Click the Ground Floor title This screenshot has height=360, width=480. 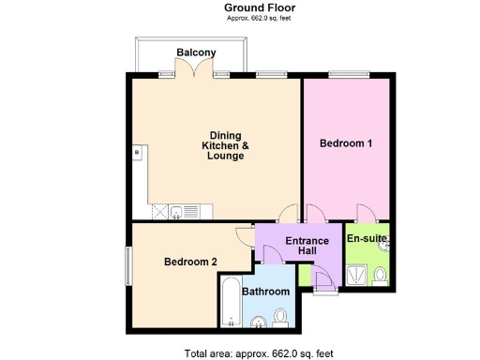click(x=241, y=7)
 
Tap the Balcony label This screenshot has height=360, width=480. click(x=196, y=52)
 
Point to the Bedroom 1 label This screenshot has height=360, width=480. click(x=346, y=143)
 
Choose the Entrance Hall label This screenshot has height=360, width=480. click(x=300, y=246)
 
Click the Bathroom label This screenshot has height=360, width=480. click(x=266, y=292)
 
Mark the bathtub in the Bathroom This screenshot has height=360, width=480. click(x=231, y=305)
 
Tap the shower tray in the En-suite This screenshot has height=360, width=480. click(x=356, y=274)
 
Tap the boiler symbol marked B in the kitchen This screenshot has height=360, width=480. click(x=137, y=150)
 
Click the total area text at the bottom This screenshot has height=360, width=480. click(x=247, y=352)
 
